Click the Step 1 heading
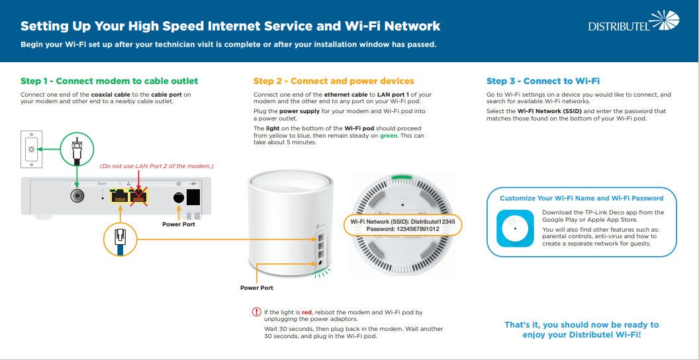point(109,81)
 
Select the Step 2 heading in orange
point(334,81)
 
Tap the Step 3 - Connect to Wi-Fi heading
point(543,81)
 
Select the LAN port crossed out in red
point(139,195)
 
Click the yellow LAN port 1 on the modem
point(120,195)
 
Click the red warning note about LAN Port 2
point(157,165)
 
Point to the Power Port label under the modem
point(179,224)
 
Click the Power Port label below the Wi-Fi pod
point(256,288)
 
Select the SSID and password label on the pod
point(402,224)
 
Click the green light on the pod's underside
point(400,177)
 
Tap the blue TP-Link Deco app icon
point(515,228)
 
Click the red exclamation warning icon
point(257,312)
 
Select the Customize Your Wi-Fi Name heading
point(581,198)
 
